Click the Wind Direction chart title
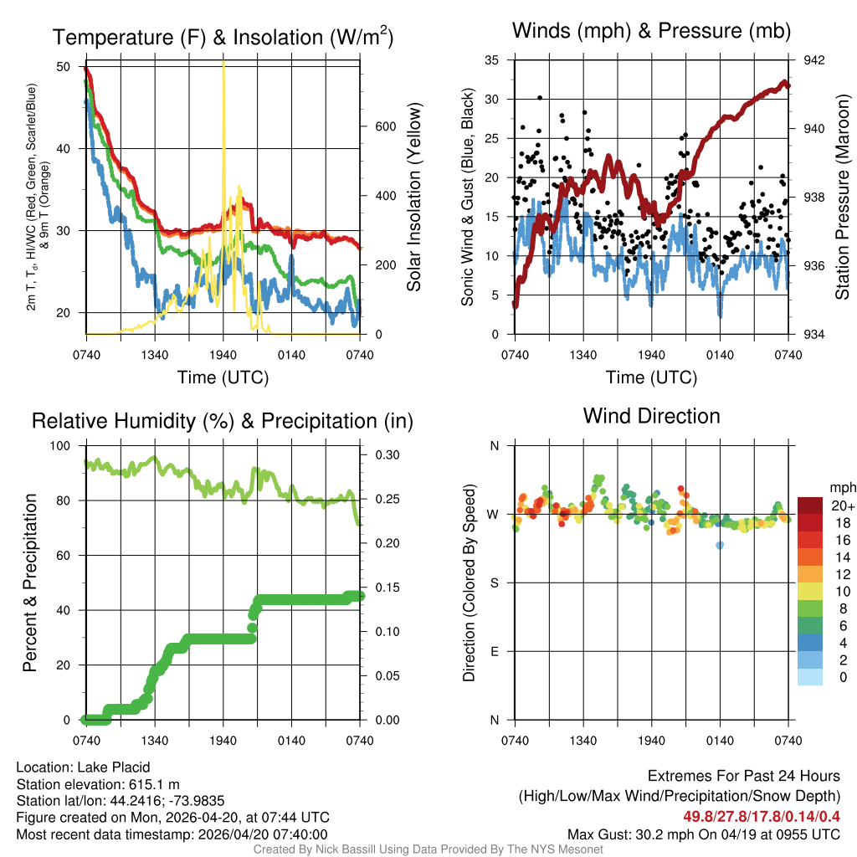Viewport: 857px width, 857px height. point(651,416)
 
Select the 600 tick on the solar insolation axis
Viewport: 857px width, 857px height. point(384,126)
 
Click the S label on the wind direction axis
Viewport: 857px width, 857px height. point(495,582)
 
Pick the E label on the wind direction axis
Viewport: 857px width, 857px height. point(495,651)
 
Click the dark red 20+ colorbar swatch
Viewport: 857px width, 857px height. point(810,505)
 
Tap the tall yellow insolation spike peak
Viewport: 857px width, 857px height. point(223,64)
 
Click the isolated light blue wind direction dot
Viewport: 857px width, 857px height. point(720,545)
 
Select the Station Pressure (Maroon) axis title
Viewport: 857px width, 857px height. point(843,197)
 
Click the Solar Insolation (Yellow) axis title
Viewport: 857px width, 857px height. point(414,197)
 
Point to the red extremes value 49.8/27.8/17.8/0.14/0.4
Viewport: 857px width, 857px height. point(762,814)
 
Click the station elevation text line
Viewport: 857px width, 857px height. point(98,784)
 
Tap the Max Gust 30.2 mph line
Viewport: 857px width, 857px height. point(704,834)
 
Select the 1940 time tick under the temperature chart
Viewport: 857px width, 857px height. point(223,356)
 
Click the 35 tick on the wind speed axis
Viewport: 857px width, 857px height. point(492,60)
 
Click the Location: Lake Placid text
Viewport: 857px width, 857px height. point(83,767)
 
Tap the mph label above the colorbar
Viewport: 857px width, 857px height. point(840,487)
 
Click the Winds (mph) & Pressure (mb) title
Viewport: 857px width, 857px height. point(651,32)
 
